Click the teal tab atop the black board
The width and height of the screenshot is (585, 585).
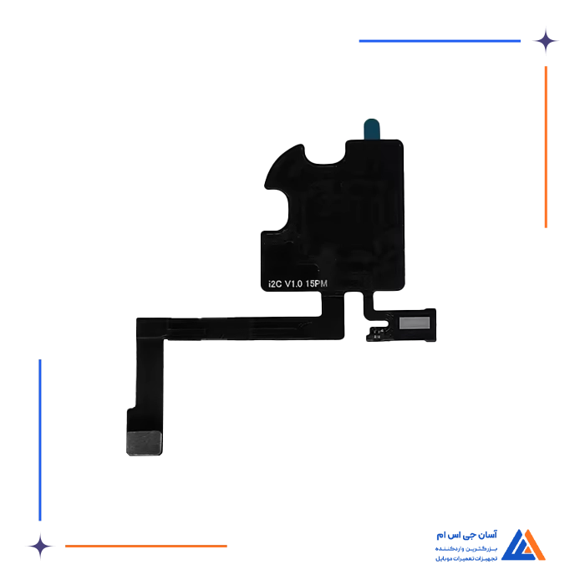point(370,128)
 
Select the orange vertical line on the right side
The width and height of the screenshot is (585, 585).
point(545,147)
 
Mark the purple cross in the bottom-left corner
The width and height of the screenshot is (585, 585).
point(38,546)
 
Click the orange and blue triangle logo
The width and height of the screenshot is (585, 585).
point(527,545)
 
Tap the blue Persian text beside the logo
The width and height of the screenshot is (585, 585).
point(466,544)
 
